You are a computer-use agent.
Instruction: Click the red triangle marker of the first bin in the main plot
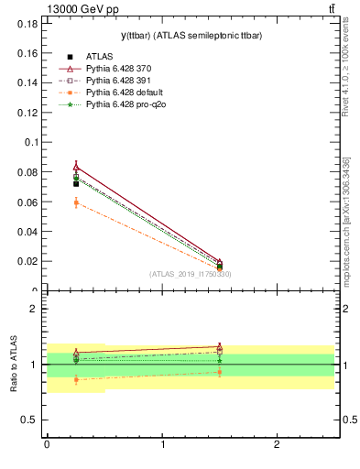click(x=76, y=167)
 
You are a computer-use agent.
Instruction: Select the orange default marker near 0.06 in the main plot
click(x=76, y=202)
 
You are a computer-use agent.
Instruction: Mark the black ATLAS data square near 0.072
click(x=76, y=184)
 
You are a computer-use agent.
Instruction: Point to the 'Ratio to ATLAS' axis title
click(x=13, y=364)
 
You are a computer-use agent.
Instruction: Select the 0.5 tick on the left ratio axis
click(x=32, y=420)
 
